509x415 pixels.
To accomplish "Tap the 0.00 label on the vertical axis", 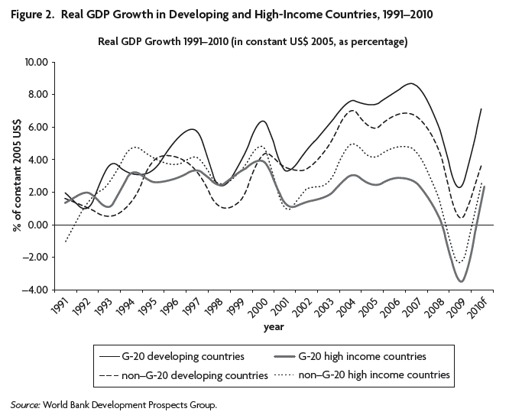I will click(x=37, y=225).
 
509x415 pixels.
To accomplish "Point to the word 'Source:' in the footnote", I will click(x=27, y=404).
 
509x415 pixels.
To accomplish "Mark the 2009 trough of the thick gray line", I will click(x=461, y=281).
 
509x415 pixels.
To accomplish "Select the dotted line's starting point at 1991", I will click(x=65, y=242).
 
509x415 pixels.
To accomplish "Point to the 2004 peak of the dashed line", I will click(x=352, y=111).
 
